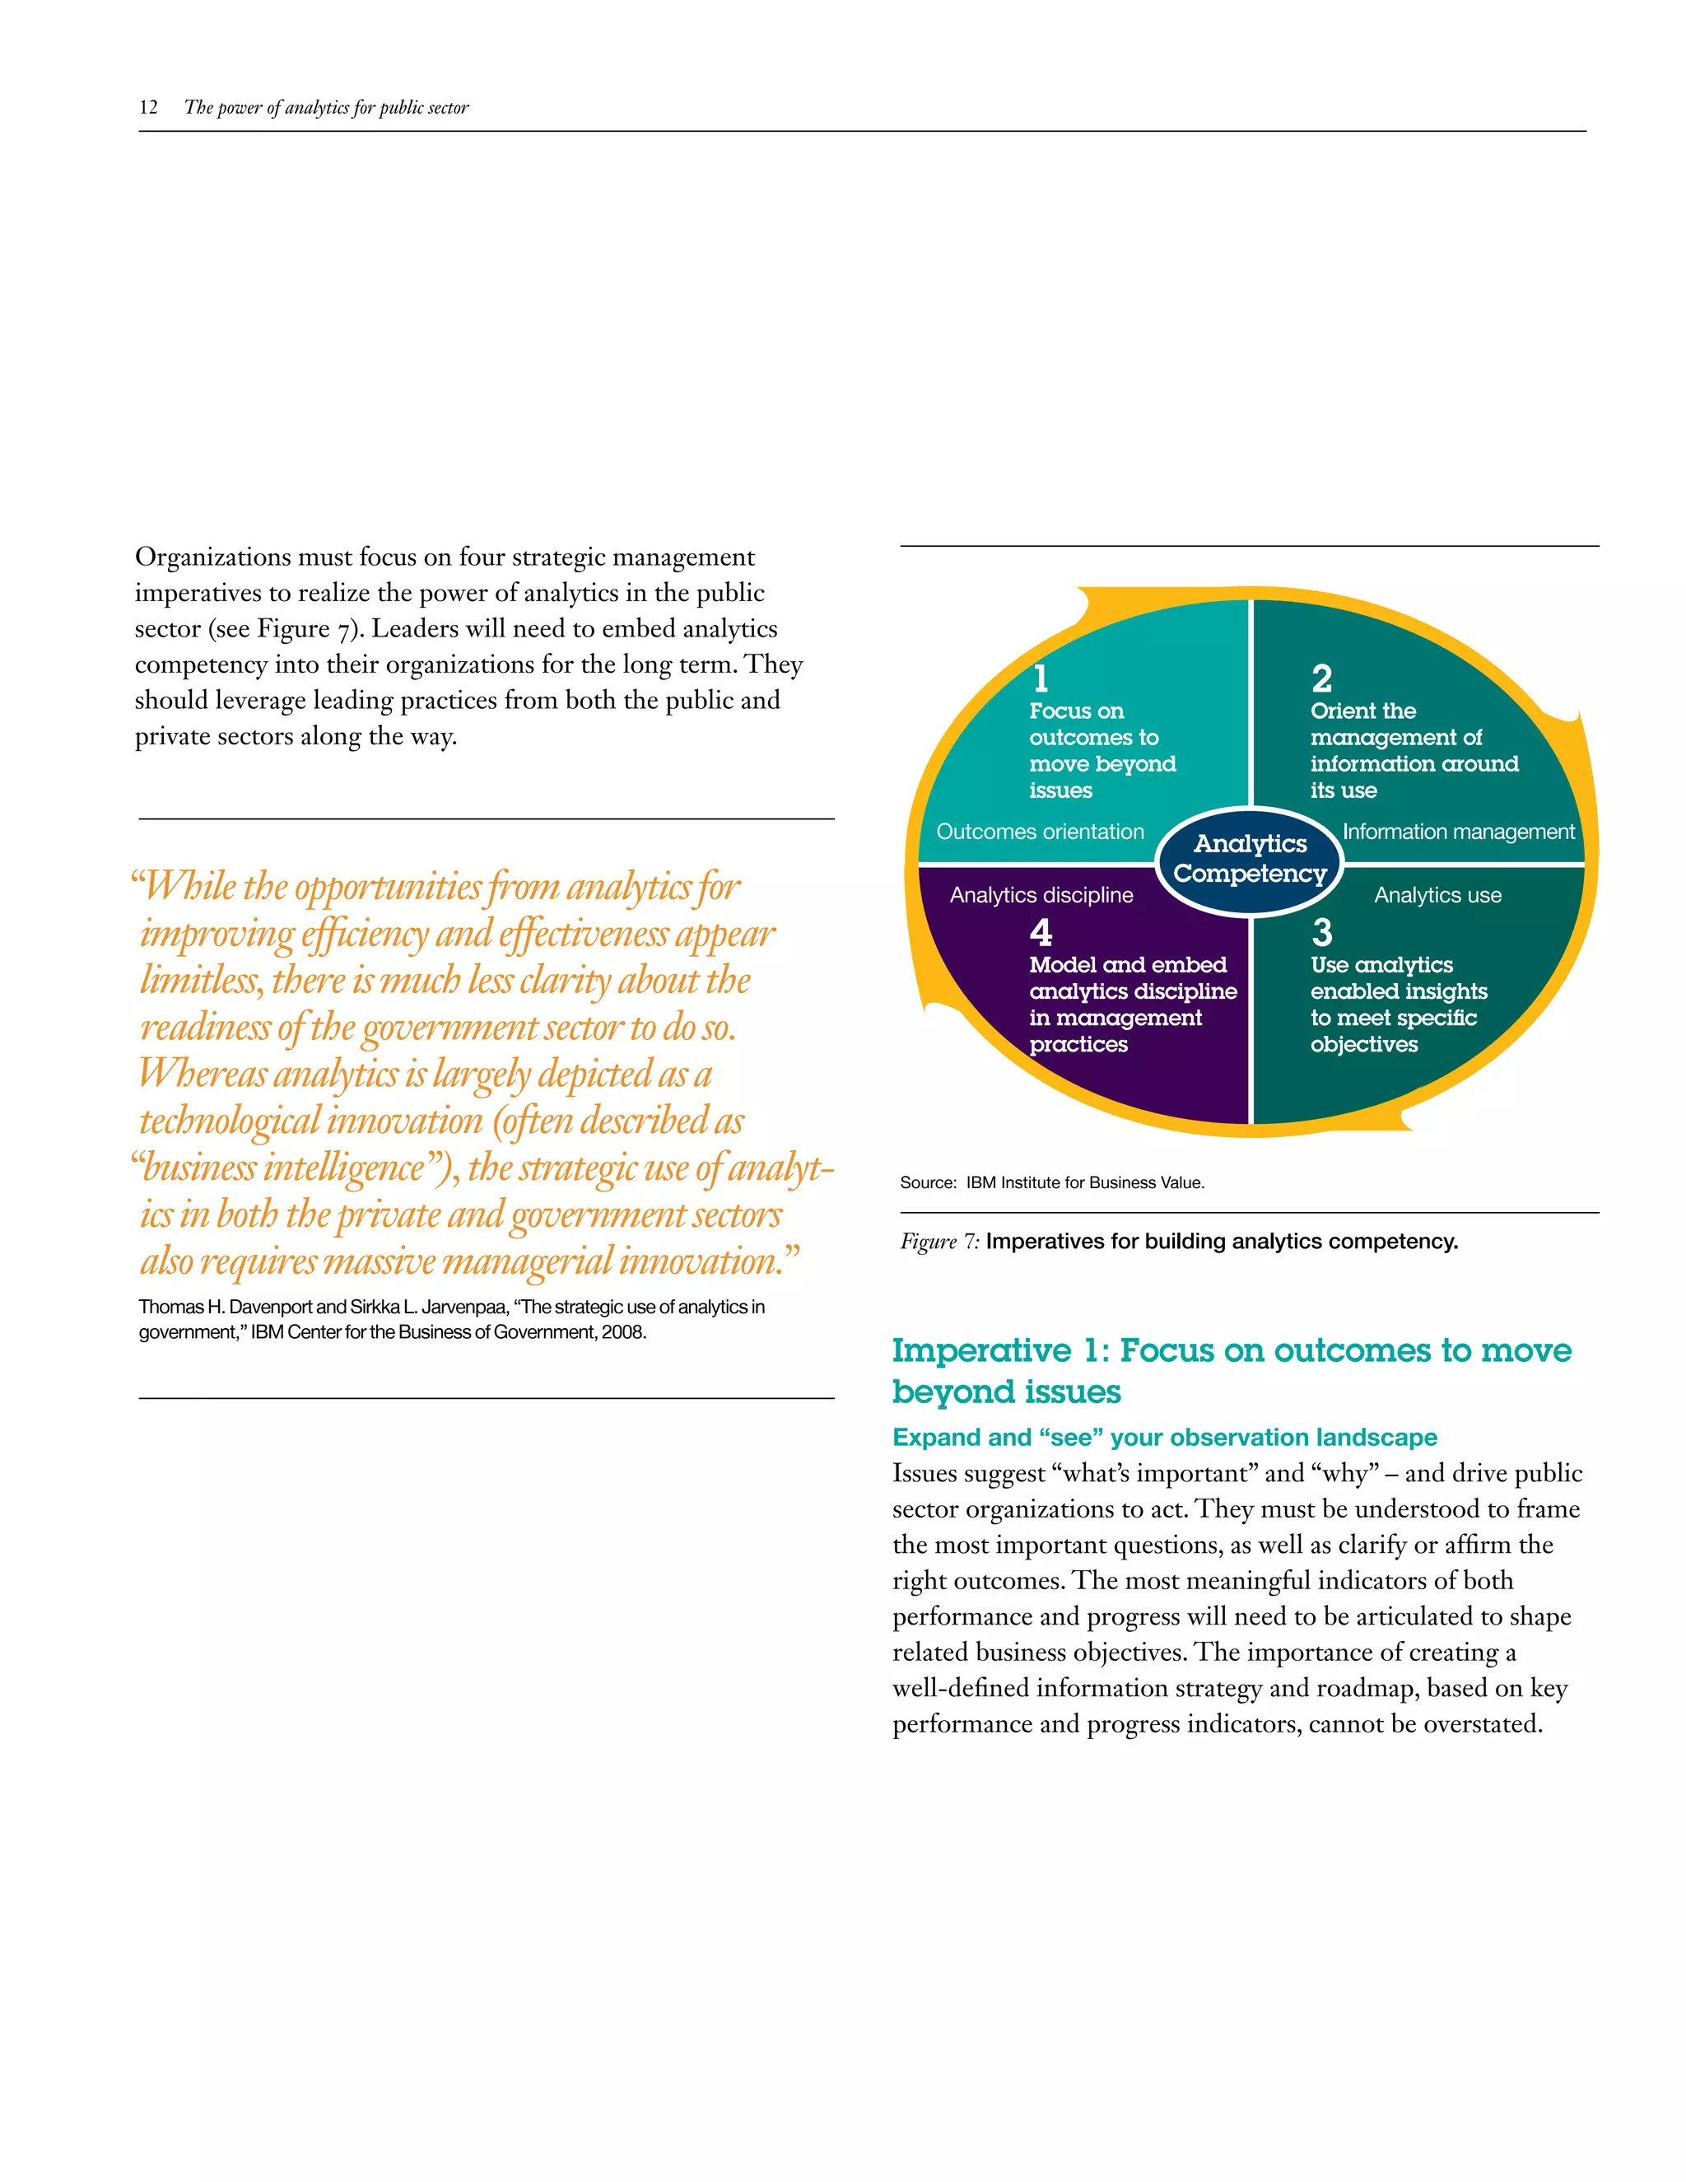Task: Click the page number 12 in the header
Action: click(148, 107)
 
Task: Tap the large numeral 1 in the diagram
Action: click(1041, 678)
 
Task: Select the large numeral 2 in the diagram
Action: click(1321, 678)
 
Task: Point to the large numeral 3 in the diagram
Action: click(1321, 932)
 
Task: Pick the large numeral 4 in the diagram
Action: click(1041, 932)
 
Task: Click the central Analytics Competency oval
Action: click(1250, 859)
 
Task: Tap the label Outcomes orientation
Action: click(1040, 832)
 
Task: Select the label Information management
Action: click(1457, 832)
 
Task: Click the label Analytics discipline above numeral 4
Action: click(1041, 895)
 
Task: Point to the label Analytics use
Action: click(1437, 895)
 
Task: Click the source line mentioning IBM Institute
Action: click(1052, 1183)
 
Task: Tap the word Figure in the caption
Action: click(928, 1242)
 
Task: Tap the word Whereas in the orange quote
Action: click(203, 1074)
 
